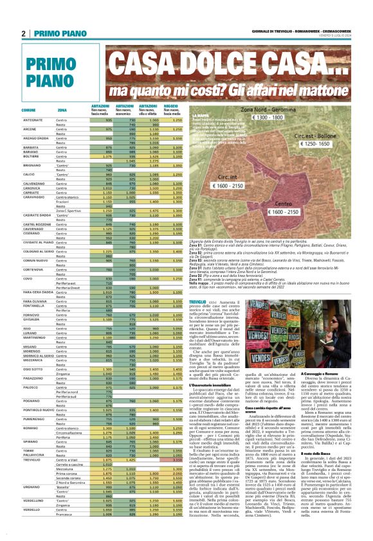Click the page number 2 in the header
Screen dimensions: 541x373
point(23,33)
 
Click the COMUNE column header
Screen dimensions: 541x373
point(28,110)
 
